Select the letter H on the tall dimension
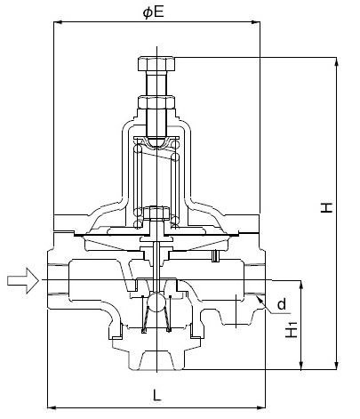point(327,207)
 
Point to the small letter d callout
point(282,305)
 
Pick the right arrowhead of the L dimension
point(265,407)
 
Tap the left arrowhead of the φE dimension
point(57,24)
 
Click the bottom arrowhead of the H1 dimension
point(304,365)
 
